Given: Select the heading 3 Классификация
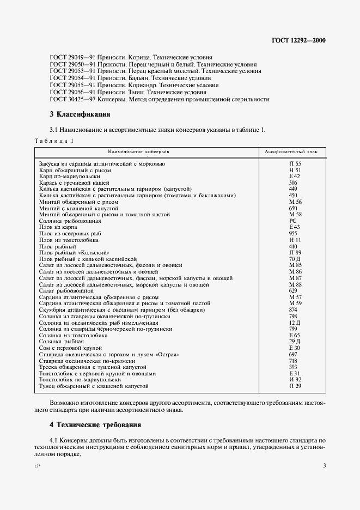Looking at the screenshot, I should [x=80, y=114].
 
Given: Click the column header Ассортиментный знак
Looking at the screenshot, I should [x=295, y=151].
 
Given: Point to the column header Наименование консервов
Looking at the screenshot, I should [x=139, y=151].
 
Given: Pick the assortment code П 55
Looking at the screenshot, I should [x=295, y=163].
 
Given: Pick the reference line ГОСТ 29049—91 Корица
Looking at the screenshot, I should [x=131, y=57].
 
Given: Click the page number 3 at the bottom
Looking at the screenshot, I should [x=324, y=465].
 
